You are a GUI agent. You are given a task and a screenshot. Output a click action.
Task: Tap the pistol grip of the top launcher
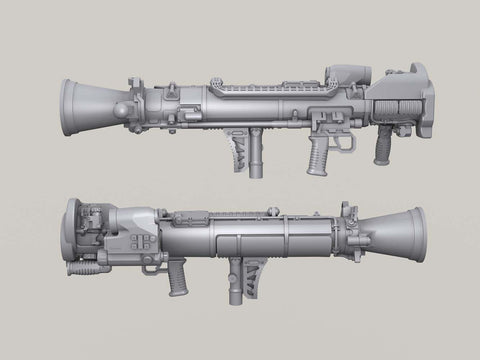point(317,153)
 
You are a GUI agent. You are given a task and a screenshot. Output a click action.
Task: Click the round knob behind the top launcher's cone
point(123,108)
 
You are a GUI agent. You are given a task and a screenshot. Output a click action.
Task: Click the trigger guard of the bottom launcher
point(153,260)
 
